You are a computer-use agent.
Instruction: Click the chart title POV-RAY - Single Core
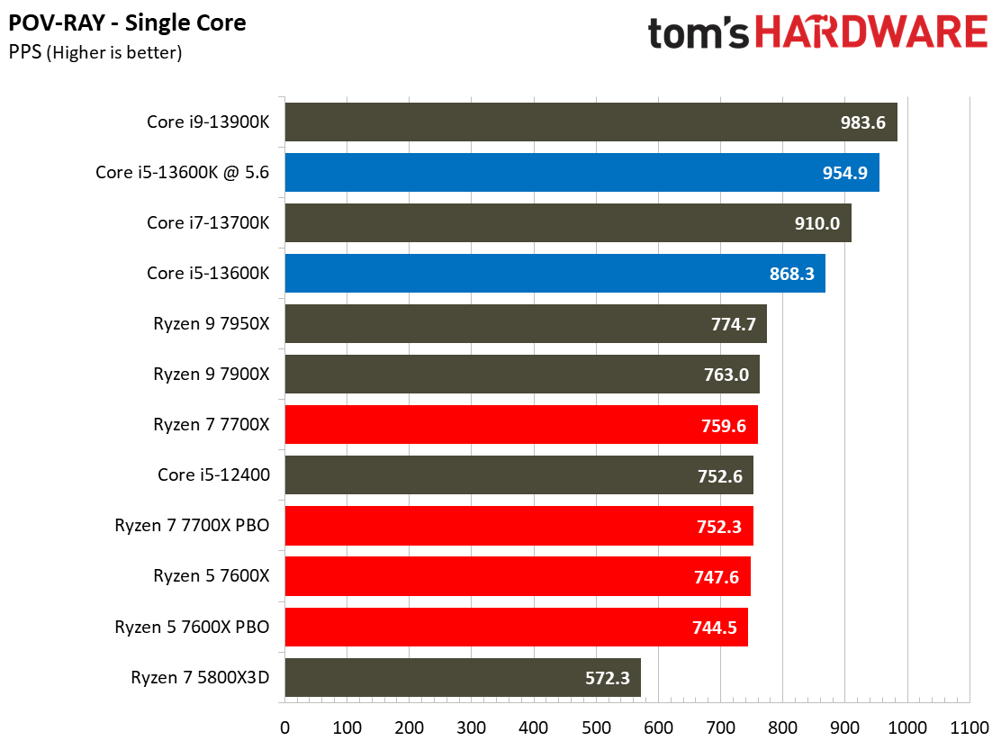[127, 23]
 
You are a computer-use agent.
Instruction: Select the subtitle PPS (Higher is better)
[95, 52]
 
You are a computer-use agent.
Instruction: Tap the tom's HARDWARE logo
[817, 32]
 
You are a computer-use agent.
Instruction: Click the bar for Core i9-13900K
[591, 122]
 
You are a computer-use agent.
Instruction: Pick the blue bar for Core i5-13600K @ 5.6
[582, 172]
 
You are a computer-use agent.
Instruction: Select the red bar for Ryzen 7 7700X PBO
[519, 526]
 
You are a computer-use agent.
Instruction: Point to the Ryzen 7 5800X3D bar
[463, 677]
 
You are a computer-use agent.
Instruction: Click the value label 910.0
[817, 223]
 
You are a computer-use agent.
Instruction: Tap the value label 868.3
[791, 274]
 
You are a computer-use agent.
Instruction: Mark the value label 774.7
[734, 324]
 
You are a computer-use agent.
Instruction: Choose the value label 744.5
[715, 628]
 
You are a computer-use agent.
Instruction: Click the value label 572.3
[607, 678]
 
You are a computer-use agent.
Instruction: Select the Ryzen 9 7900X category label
[212, 374]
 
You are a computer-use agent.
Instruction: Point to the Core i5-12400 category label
[214, 474]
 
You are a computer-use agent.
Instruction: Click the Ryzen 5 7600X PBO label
[192, 627]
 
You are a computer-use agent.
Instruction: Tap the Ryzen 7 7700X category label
[212, 424]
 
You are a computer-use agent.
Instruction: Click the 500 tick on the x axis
[596, 727]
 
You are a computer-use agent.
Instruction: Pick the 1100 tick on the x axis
[969, 727]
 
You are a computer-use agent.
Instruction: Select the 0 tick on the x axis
[284, 727]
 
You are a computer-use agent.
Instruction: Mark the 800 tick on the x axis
[782, 727]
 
